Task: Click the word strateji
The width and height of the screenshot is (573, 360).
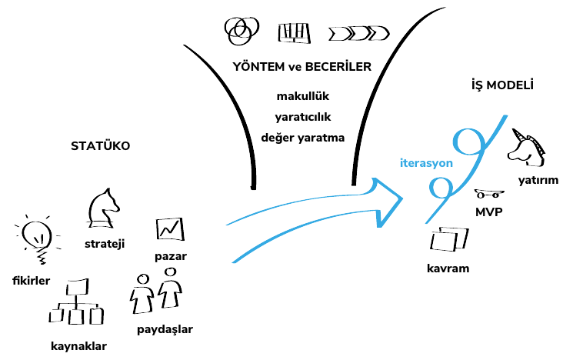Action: click(x=105, y=244)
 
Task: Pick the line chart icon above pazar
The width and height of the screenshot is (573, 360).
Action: click(x=169, y=228)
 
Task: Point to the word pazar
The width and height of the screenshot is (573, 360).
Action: click(x=170, y=255)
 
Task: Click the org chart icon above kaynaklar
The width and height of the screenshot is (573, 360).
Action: click(x=75, y=305)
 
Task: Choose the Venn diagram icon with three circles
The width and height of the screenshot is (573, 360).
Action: click(x=239, y=30)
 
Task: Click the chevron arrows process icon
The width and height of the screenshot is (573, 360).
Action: click(x=358, y=33)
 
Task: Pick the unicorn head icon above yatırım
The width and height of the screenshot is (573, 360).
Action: click(x=527, y=147)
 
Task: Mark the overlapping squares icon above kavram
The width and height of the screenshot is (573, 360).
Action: click(x=449, y=241)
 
